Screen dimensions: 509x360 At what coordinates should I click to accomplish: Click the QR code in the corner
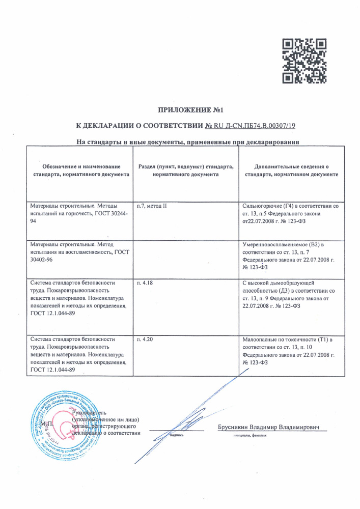coord(304,61)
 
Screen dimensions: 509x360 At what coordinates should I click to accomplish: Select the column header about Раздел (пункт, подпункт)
coord(185,171)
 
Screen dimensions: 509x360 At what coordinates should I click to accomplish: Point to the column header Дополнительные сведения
coord(291,171)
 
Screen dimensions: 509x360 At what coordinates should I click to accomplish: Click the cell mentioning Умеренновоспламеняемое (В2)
coord(289,256)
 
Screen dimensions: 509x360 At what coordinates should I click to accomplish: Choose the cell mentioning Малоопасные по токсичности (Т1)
coord(289,350)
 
